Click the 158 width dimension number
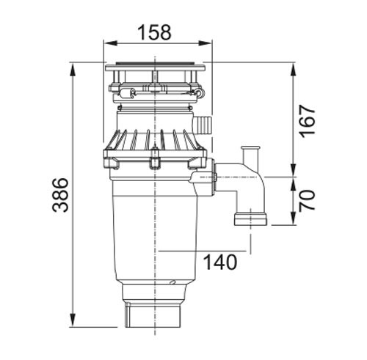[154, 32]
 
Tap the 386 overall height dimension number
[60, 195]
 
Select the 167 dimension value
[308, 121]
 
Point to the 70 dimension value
[308, 200]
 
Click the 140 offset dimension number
[220, 262]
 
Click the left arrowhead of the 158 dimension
[109, 43]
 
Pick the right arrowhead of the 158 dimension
[205, 43]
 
